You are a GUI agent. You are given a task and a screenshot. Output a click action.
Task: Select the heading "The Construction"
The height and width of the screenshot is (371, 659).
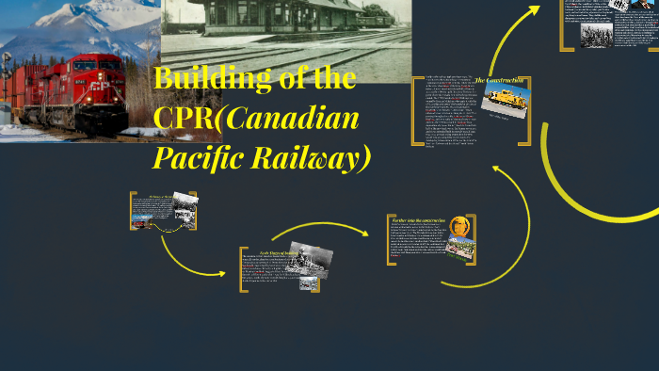coord(499,80)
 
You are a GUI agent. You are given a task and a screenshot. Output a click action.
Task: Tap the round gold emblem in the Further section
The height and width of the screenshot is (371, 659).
coord(460,226)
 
